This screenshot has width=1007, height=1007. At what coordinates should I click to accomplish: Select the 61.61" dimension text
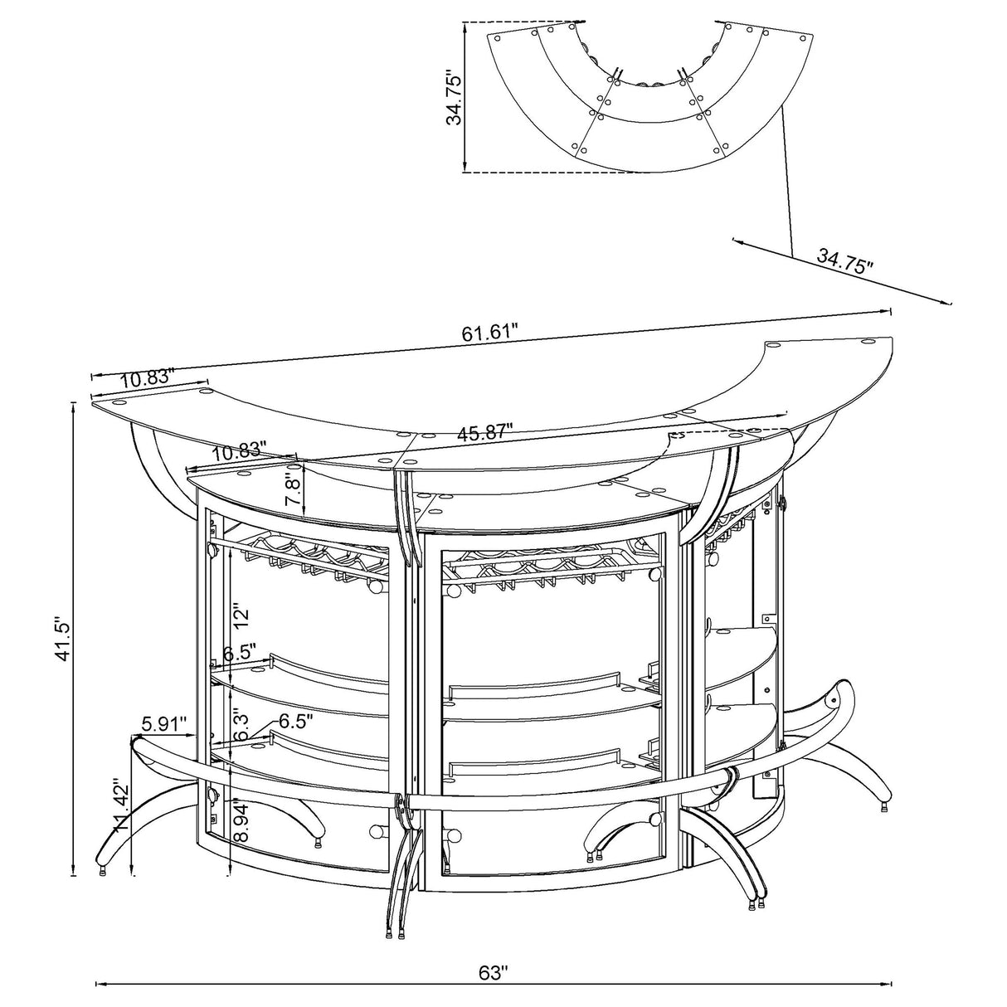[x=489, y=333]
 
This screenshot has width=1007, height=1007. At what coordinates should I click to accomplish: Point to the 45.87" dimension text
[x=484, y=432]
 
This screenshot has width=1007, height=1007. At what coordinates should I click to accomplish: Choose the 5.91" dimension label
[x=164, y=722]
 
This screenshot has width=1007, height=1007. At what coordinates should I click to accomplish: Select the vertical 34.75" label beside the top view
[x=453, y=97]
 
